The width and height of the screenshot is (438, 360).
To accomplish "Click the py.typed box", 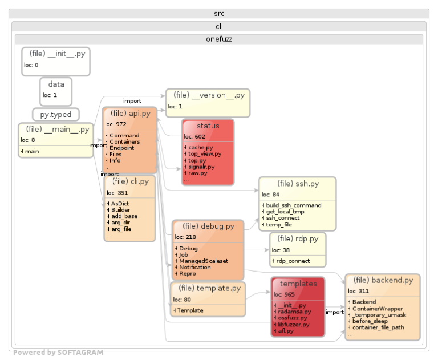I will pyautogui.click(x=55, y=115).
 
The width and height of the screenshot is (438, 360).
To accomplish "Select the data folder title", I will pyautogui.click(x=56, y=84).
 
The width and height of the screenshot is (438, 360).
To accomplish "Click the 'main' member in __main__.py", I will pyautogui.click(x=32, y=151).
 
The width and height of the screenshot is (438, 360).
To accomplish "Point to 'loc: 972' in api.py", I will pyautogui.click(x=116, y=124).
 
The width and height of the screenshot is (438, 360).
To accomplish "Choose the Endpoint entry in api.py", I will pyautogui.click(x=121, y=148).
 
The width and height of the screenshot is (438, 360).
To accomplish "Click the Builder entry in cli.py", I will pyautogui.click(x=120, y=210).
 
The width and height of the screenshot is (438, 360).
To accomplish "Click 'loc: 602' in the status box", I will pyautogui.click(x=194, y=136).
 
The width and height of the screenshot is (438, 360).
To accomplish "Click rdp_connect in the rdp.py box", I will pyautogui.click(x=292, y=261).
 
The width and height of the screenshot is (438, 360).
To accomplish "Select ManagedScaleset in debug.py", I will pyautogui.click(x=204, y=261).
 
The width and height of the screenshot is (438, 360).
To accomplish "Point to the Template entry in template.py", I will pyautogui.click(x=190, y=310).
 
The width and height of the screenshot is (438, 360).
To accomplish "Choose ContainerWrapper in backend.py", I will pyautogui.click(x=377, y=308).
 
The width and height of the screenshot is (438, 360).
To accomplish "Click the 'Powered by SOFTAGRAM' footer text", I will pyautogui.click(x=58, y=353).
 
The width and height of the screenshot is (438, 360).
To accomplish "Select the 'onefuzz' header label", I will pyautogui.click(x=218, y=39).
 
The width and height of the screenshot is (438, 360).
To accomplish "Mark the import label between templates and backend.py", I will pyautogui.click(x=335, y=312).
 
